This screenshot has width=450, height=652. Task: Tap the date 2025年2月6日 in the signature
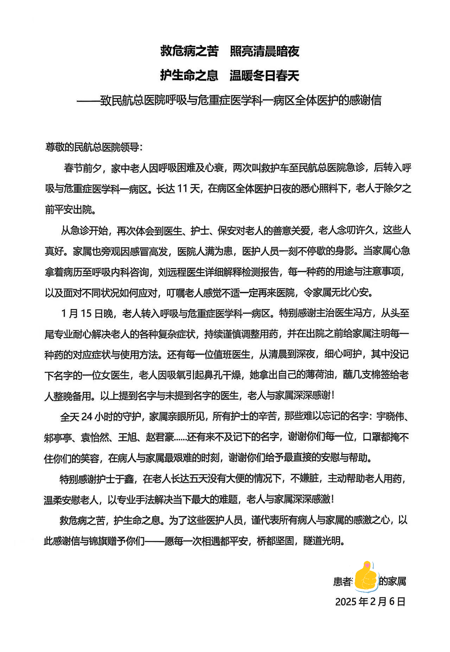370,602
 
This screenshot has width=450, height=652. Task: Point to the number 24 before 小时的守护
87,417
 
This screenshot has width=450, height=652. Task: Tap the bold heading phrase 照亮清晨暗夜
265,51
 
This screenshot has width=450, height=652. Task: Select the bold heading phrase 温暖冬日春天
265,75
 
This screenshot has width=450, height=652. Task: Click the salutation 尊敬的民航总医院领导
94,147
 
